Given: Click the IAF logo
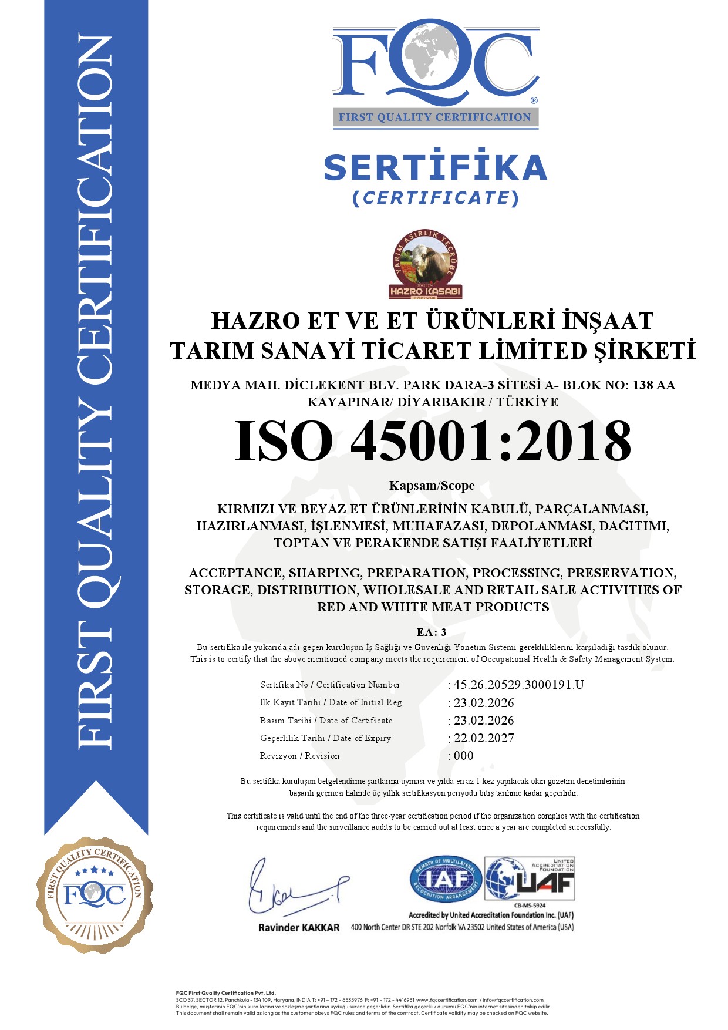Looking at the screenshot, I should pos(446,879).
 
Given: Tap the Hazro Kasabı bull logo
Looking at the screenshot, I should pos(426,264).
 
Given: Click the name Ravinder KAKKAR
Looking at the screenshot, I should pos(299,928).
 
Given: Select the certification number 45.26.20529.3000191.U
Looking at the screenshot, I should pos(518,685).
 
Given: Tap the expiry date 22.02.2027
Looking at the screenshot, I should pos(484,738).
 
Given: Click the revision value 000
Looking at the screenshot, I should pos(463,756).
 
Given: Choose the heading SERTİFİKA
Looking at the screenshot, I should pos(435,167).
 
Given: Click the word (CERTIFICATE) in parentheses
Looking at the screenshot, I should pos(435,198).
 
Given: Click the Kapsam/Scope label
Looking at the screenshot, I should pos(432,486).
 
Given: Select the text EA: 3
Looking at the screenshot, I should pos(432,632).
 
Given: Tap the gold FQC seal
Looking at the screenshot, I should pos(95,895).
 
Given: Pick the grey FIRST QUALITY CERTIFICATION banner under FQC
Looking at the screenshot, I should pos(435,117).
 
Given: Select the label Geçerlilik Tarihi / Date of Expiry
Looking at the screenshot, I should pos(325,738).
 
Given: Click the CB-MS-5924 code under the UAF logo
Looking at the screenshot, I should pos(530,906).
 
